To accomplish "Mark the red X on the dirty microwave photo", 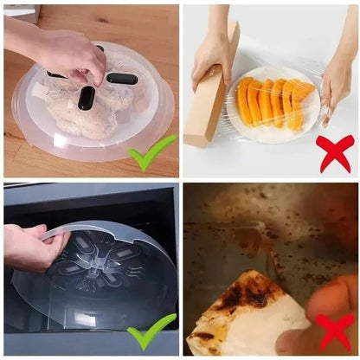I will point(336,331).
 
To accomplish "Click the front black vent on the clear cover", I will point(87,98).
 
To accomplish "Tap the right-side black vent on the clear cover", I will point(122,79).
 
